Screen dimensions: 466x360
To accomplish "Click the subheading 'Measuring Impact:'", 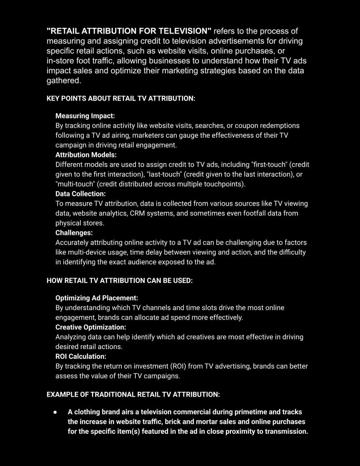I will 85,116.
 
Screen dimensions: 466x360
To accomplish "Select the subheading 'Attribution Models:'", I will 86,155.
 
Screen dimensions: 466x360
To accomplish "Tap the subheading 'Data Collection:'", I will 80,194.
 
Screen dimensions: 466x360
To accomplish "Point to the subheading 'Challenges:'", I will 74,233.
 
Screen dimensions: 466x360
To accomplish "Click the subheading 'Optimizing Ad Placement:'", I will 97,298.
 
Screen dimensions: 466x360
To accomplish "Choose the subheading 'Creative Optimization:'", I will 90,327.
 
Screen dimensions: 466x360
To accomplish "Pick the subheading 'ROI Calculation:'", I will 81,356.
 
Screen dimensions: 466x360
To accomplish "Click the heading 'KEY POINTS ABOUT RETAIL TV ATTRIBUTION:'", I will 120,98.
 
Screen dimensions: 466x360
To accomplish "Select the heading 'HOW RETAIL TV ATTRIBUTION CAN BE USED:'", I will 120,280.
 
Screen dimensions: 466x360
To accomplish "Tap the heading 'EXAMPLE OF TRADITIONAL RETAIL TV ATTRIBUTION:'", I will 133,394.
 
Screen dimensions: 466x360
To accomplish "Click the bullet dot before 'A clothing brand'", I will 55,412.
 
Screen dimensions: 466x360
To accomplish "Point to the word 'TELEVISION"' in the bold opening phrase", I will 185,31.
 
